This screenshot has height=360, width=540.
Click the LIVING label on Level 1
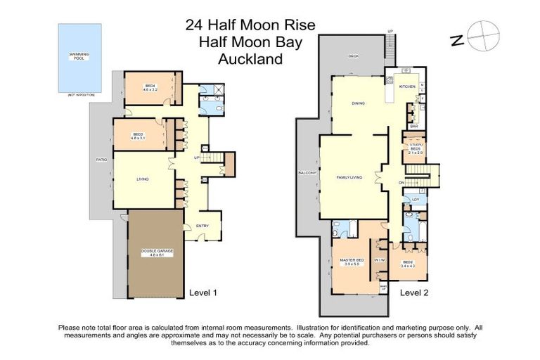(x=143, y=179)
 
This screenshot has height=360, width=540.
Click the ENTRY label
(x=202, y=226)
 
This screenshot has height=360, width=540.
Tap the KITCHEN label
(x=407, y=86)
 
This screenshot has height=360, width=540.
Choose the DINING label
(x=358, y=103)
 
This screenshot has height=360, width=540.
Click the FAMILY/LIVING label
(x=349, y=178)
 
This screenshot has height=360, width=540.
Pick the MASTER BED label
(x=352, y=262)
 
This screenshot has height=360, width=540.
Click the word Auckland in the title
(x=250, y=59)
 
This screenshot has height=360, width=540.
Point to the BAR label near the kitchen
(x=414, y=126)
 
